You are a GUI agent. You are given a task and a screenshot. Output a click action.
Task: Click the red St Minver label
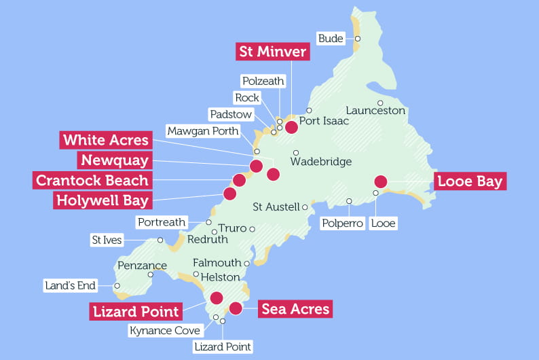273,52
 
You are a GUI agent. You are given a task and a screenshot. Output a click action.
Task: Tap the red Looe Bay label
470,181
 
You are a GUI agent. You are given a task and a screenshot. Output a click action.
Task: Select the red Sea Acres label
295,310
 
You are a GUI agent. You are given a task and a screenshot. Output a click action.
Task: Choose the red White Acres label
105,140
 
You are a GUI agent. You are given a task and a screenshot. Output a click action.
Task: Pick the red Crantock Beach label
92,180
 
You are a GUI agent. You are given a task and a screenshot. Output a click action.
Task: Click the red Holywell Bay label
102,200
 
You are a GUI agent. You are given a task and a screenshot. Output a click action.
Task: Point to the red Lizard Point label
136,312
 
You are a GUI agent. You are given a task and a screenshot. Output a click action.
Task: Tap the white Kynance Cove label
165,331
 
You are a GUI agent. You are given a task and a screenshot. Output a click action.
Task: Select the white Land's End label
69,286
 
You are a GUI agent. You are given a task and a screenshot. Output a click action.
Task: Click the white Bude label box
331,39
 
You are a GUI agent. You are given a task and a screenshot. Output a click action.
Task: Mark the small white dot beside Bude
357,39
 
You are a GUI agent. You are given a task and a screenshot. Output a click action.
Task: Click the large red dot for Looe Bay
380,181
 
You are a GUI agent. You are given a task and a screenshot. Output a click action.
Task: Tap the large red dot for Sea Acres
236,308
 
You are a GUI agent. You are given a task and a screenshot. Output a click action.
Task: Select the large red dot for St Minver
291,126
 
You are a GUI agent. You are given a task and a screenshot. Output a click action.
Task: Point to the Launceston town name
375,110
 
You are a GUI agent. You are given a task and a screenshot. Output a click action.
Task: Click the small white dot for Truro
252,229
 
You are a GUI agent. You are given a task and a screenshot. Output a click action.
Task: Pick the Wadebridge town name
321,162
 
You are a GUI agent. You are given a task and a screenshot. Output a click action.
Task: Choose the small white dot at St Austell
305,207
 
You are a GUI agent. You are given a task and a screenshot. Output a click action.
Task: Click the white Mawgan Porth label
203,130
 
